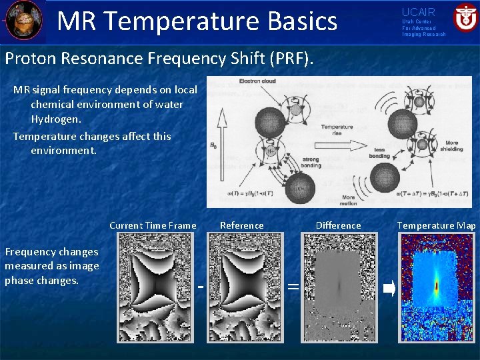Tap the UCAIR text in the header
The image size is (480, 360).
click(418, 12)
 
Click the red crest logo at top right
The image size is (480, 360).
click(465, 17)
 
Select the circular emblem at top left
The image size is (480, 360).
click(25, 21)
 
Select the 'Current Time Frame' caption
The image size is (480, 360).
click(153, 225)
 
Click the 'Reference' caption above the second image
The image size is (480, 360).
click(242, 225)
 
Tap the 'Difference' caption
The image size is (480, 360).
click(338, 225)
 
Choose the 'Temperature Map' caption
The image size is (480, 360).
click(437, 225)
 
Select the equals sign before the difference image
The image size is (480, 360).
click(292, 287)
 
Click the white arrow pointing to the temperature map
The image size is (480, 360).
click(390, 288)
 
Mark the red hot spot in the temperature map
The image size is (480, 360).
click(437, 287)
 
